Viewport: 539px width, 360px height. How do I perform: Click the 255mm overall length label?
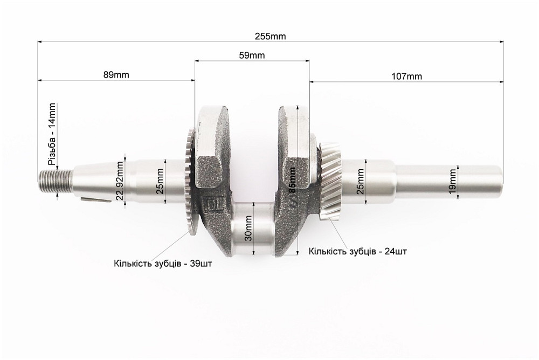[271, 37]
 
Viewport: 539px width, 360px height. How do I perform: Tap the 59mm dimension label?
[252, 55]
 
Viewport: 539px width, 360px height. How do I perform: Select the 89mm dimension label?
[116, 74]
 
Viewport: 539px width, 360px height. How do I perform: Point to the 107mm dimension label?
[406, 76]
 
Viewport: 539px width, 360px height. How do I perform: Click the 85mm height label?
[292, 182]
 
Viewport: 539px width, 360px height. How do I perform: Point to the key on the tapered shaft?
[96, 201]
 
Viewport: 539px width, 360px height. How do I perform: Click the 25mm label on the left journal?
[160, 181]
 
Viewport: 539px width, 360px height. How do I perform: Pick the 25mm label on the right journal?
[361, 181]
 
